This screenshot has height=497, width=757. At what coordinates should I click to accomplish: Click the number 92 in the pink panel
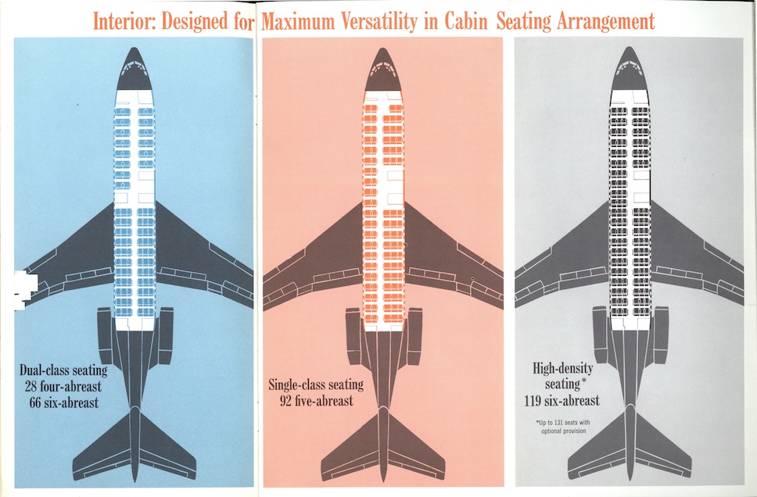point(288,401)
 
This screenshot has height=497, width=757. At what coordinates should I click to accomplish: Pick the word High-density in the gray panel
point(562,368)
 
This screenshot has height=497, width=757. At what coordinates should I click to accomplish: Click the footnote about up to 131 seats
point(562,427)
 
